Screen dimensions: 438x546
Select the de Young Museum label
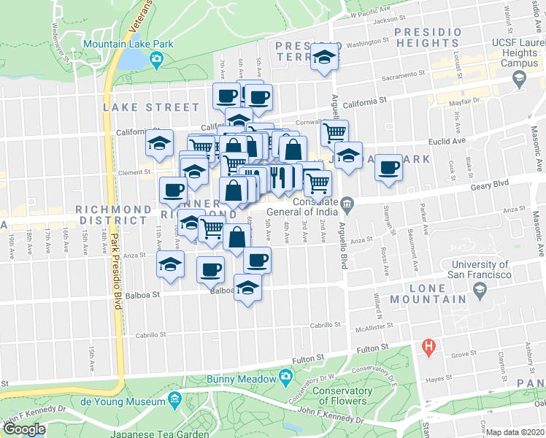click(x=122, y=401)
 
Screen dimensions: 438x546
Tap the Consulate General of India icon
click(x=347, y=202)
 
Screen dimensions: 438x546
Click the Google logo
click(x=24, y=429)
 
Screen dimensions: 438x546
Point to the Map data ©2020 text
click(x=515, y=432)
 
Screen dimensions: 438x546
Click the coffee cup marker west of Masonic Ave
click(x=388, y=168)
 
